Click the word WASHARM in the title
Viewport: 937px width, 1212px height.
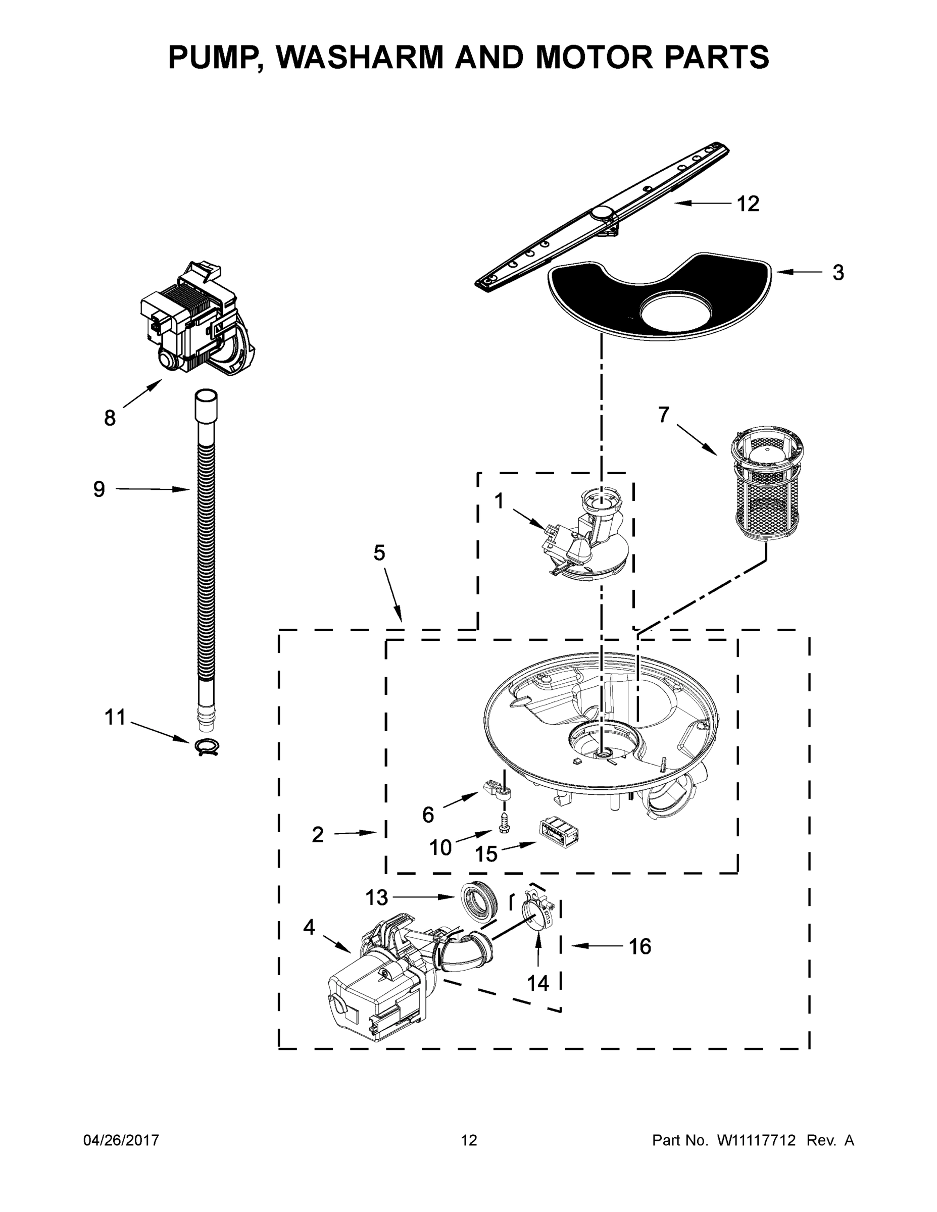(362, 57)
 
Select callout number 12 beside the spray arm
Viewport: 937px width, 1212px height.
(747, 204)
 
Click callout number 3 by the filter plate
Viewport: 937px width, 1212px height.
(837, 273)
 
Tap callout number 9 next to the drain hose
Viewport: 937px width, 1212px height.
(99, 489)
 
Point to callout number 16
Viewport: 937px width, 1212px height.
(639, 946)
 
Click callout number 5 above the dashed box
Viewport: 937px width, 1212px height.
(379, 553)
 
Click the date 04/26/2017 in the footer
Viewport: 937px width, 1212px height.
(121, 1140)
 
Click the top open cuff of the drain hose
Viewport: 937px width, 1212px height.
(206, 399)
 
